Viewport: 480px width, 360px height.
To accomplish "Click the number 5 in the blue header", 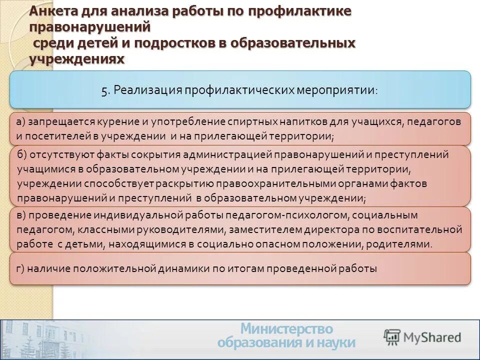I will [104, 90].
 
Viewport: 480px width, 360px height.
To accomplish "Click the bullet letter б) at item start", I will [22, 154].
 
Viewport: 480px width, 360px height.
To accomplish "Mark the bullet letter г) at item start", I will [20, 268].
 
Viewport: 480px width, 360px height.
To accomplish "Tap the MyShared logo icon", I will [392, 337].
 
